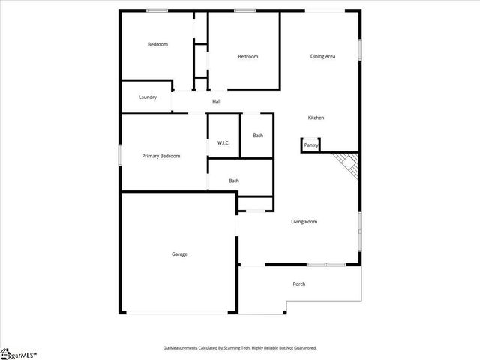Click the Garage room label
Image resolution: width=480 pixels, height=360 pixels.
[x=179, y=254]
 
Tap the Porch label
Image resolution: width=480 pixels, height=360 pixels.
[x=298, y=283]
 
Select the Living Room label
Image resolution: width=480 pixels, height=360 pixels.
[x=304, y=221]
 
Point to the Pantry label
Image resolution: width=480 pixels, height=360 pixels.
[x=311, y=145]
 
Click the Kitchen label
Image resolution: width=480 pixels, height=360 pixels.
[x=316, y=118]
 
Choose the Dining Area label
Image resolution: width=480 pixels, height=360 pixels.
[x=322, y=56]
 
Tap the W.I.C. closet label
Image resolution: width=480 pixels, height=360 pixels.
[x=223, y=142]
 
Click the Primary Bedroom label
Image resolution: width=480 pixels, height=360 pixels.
[x=161, y=156]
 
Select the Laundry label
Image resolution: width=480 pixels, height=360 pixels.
[x=148, y=97]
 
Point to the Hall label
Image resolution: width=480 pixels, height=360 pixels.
[x=217, y=101]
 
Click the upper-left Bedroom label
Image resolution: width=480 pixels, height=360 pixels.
[x=157, y=44]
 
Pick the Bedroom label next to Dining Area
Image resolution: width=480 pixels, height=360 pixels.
[x=248, y=56]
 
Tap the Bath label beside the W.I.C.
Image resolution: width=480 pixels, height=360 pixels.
[x=258, y=136]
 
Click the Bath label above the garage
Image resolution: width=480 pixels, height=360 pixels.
[x=234, y=180]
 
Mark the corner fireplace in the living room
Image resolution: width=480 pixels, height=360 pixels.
[x=348, y=163]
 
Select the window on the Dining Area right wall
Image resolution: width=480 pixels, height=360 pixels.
[x=360, y=49]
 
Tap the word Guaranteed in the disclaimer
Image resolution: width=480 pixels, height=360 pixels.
[x=301, y=348]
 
